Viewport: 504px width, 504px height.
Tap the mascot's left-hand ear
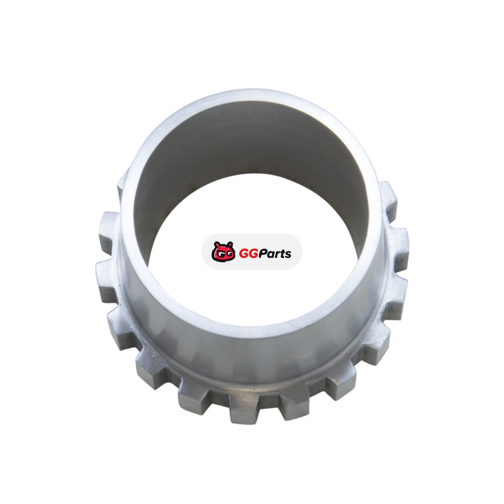point(217,244)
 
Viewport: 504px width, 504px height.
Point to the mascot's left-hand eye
point(219,255)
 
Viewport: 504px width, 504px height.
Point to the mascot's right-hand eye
point(228,255)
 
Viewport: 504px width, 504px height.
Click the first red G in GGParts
point(243,254)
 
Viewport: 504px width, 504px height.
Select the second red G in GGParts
point(253,254)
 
